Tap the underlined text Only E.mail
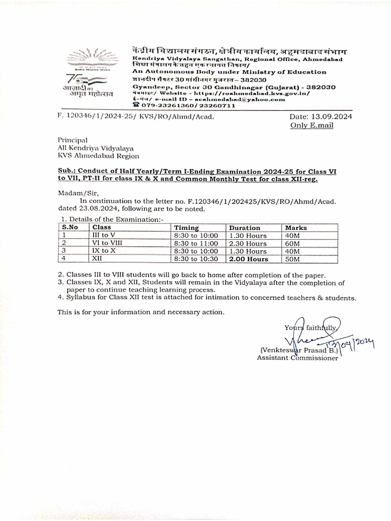tap(312, 125)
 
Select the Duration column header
tap(244, 228)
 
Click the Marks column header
tap(296, 228)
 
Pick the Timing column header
tap(186, 228)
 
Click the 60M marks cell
tap(293, 243)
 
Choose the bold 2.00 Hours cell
tap(248, 259)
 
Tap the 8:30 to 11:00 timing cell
tap(195, 243)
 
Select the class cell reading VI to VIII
tap(107, 243)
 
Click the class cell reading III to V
tap(104, 236)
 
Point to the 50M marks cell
tap(293, 259)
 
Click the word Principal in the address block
tap(72, 140)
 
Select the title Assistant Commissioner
tap(297, 358)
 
